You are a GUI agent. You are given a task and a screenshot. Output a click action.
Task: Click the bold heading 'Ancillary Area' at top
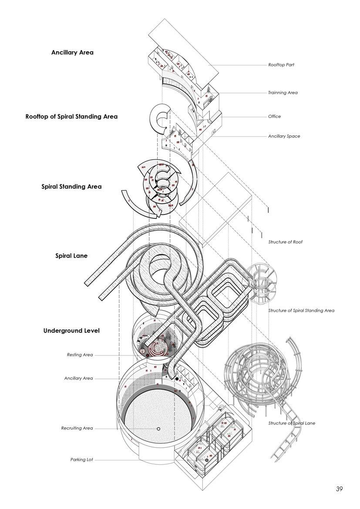click(x=72, y=53)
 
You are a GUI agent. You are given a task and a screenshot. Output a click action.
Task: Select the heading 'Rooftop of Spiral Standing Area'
click(x=71, y=117)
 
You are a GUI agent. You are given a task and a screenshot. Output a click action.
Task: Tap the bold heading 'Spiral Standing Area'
click(x=71, y=187)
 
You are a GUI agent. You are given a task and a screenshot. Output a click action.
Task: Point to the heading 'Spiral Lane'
click(x=71, y=256)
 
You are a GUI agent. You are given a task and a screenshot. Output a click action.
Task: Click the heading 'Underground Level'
click(x=71, y=331)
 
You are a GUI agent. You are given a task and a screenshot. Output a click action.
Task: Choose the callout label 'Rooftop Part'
click(x=281, y=65)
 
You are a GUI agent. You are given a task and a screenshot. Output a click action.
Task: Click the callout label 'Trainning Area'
click(x=283, y=93)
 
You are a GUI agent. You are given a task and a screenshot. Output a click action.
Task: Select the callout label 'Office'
click(x=274, y=117)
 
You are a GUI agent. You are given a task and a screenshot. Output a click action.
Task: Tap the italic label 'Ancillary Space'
click(x=284, y=136)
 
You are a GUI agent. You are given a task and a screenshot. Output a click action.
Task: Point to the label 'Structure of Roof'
click(x=285, y=242)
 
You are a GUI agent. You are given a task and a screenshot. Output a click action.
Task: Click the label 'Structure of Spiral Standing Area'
click(x=301, y=311)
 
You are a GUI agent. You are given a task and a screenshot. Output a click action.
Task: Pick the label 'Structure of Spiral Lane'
click(x=292, y=423)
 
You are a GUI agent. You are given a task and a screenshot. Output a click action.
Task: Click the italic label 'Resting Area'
click(x=80, y=355)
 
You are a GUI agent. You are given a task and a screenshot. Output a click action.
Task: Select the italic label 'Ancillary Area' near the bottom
click(x=78, y=378)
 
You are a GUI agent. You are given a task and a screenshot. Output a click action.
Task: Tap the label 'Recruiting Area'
click(x=77, y=429)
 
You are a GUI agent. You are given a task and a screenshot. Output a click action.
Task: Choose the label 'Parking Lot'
click(x=81, y=459)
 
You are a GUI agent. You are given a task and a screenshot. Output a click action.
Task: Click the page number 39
click(x=339, y=489)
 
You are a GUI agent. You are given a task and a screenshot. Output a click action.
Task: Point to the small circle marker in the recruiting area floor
click(x=158, y=429)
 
